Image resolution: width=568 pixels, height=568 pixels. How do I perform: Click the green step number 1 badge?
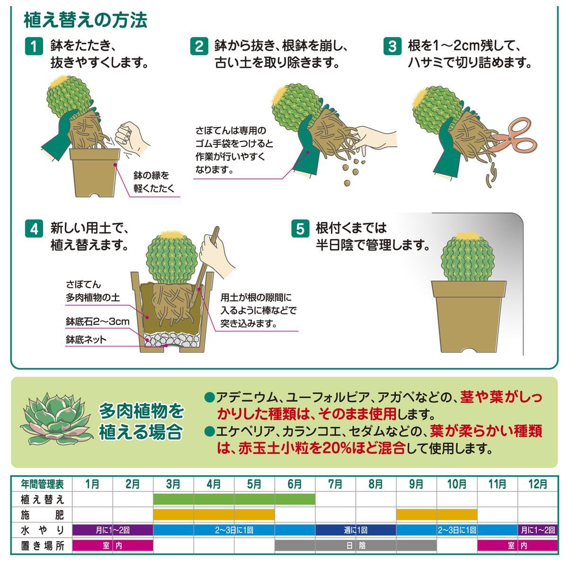point(34,46)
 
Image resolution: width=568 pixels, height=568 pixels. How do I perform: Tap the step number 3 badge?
point(392,46)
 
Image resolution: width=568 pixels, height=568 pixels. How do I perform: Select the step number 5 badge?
point(300,229)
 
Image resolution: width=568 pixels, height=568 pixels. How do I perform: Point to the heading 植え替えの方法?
point(85,20)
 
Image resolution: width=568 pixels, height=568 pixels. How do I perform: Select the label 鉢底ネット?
point(86,339)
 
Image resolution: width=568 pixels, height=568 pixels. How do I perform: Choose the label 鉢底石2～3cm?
point(98,321)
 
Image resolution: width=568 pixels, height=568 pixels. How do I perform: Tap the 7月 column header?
point(335,484)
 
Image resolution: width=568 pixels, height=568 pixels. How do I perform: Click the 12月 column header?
point(538,484)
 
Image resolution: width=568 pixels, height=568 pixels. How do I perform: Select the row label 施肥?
point(43,515)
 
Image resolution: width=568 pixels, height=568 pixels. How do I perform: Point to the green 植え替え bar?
point(234,499)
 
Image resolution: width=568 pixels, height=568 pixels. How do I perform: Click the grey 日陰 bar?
point(355,546)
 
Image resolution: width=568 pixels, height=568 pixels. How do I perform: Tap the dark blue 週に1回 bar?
point(355,530)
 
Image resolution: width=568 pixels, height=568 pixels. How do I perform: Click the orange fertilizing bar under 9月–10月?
point(436,515)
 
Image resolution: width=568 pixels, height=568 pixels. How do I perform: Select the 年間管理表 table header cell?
point(42,484)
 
